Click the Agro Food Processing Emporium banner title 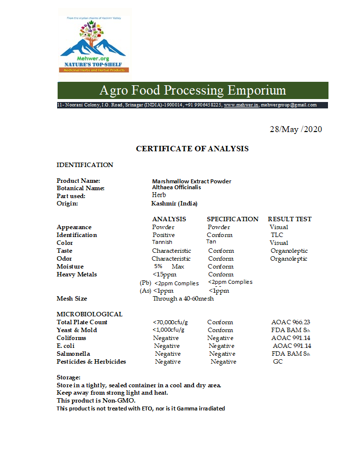(193, 91)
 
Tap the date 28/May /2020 (295, 129)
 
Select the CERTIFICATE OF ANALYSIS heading (192, 148)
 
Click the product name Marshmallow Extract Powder (192, 181)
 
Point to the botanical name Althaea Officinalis (176, 187)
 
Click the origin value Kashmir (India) (174, 204)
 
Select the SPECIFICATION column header (232, 219)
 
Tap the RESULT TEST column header (290, 219)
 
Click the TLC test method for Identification (277, 235)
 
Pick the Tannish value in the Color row (162, 242)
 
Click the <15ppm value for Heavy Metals (164, 274)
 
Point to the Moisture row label (70, 267)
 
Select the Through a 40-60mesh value (183, 299)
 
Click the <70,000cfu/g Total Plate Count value (170, 322)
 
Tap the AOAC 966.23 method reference (291, 322)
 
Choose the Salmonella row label (73, 354)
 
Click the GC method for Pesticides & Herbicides (278, 362)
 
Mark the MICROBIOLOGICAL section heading (90, 314)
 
